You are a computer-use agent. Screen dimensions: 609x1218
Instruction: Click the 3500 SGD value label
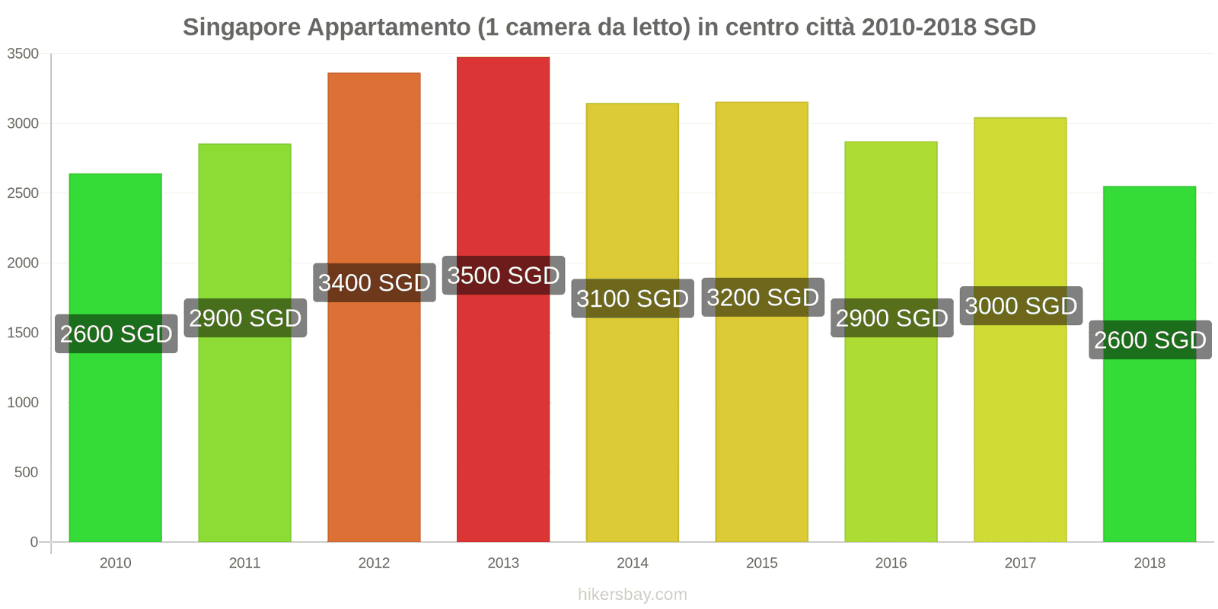click(x=503, y=276)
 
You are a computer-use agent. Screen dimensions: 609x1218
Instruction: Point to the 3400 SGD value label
click(x=375, y=283)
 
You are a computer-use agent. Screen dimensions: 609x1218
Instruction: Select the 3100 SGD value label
click(x=633, y=298)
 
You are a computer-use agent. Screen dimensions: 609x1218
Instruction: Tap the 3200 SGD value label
click(x=763, y=298)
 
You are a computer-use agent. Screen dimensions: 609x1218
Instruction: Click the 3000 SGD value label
click(x=1021, y=306)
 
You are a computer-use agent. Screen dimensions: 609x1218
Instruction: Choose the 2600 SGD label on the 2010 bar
click(x=116, y=334)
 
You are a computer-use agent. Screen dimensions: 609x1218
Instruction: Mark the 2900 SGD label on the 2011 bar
click(x=245, y=318)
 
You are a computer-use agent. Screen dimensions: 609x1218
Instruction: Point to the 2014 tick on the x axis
click(x=633, y=563)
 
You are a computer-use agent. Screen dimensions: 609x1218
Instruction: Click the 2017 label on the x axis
click(x=1020, y=563)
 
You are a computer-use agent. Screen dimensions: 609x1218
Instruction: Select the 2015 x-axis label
click(x=762, y=563)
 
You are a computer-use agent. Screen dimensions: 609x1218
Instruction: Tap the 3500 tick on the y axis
click(x=23, y=54)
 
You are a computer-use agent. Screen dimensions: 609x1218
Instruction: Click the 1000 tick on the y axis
click(x=23, y=403)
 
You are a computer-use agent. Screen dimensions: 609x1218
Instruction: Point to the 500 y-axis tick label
click(x=26, y=473)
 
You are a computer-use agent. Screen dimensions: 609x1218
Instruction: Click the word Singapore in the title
click(x=241, y=27)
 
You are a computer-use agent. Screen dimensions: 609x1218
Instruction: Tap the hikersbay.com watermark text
click(x=633, y=595)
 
